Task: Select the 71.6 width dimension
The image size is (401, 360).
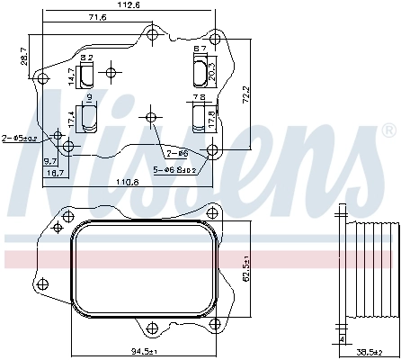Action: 97,18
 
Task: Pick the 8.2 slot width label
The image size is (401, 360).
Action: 87,58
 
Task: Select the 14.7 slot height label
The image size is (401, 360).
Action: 72,76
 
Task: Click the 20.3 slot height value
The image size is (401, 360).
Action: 211,69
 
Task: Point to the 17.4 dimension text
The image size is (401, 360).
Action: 72,117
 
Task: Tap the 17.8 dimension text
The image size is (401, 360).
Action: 211,117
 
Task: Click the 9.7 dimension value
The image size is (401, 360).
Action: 51,160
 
